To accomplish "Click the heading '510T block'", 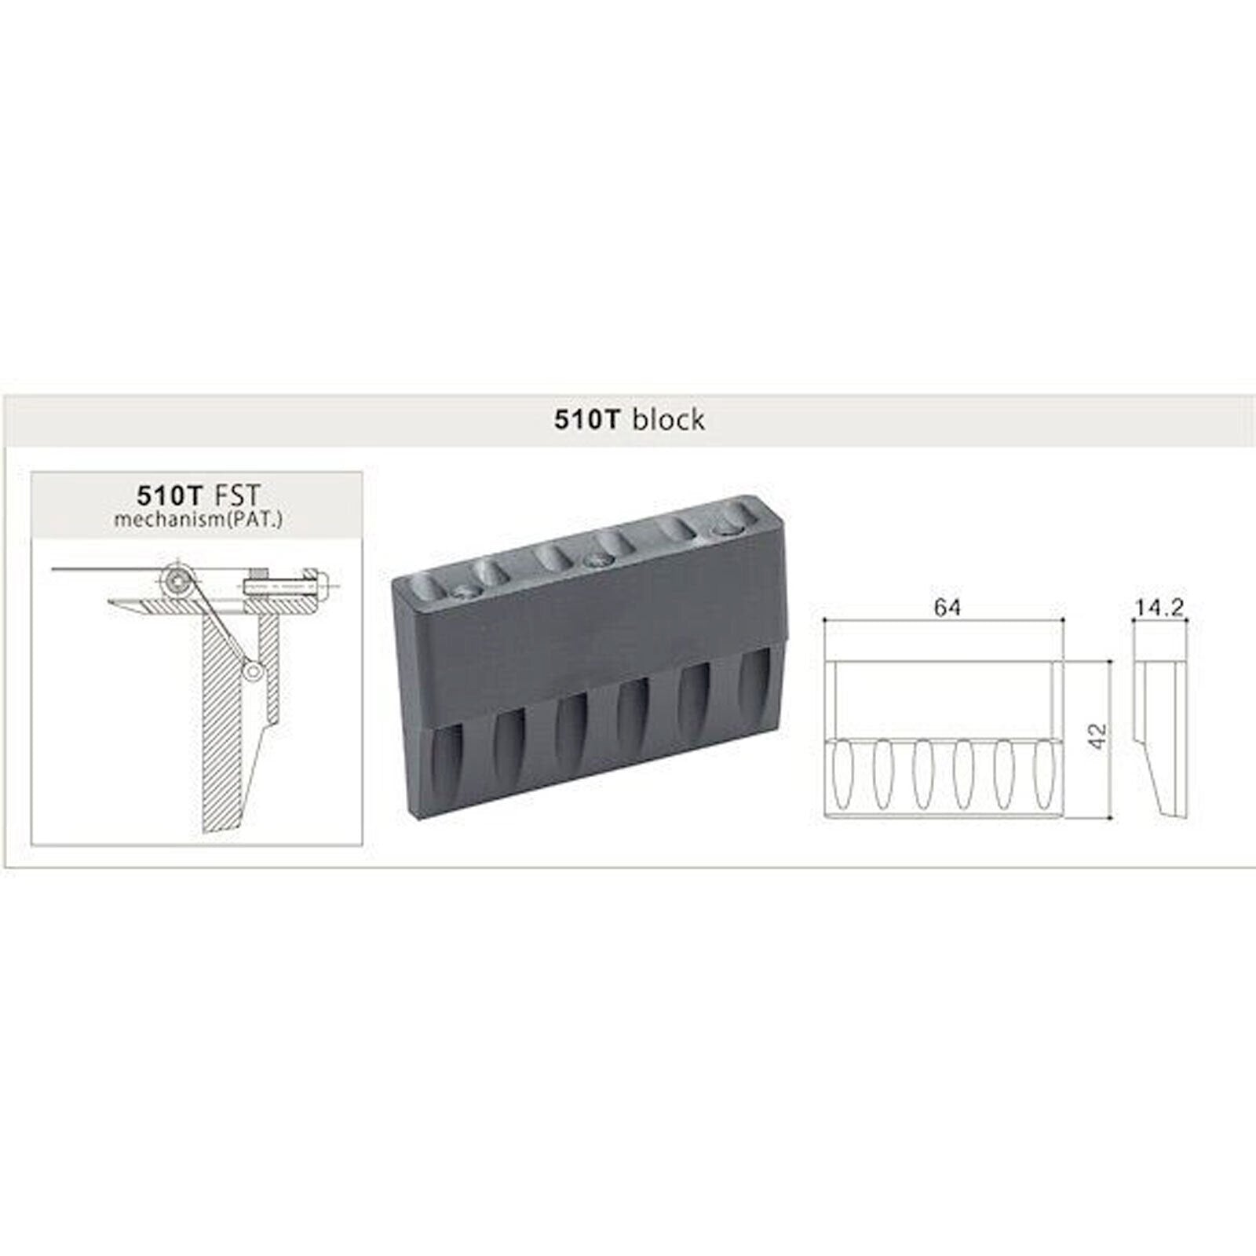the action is point(630,420).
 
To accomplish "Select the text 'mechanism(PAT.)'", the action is point(198,519).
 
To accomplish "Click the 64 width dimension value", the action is point(947,607).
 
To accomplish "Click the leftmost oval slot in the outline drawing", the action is point(840,773).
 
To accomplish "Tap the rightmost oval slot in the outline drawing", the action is point(1042,773).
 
